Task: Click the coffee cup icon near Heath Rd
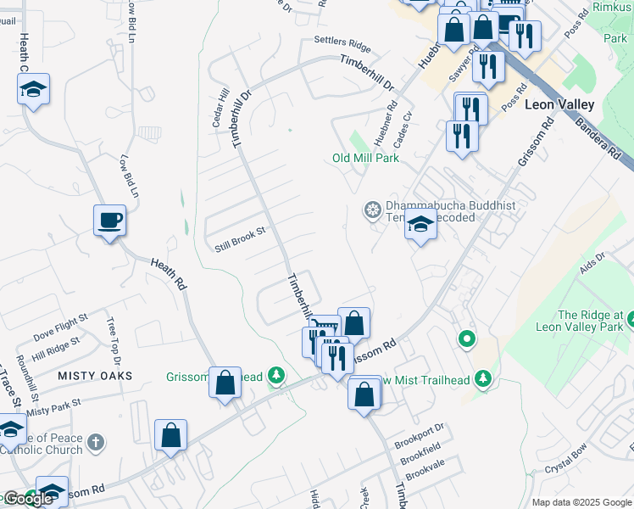[x=109, y=221]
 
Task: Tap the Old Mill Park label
[x=365, y=158]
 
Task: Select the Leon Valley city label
[x=559, y=104]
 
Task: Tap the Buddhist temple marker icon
[x=371, y=210]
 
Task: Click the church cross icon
[x=96, y=442]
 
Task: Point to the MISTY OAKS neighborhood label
[x=95, y=375]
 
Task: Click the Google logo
[x=28, y=499]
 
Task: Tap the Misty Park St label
[x=53, y=407]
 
